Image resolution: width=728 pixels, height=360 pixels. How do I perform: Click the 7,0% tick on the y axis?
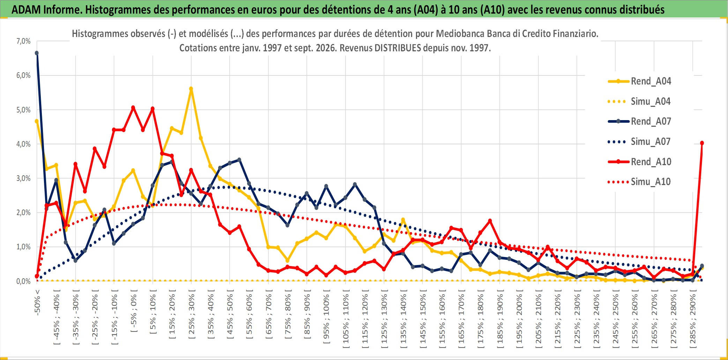(23, 41)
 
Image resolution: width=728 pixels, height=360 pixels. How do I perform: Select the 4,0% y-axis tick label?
(23, 144)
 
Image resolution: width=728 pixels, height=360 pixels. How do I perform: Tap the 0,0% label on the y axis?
(23, 281)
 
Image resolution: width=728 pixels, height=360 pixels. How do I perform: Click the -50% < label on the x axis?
(37, 302)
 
